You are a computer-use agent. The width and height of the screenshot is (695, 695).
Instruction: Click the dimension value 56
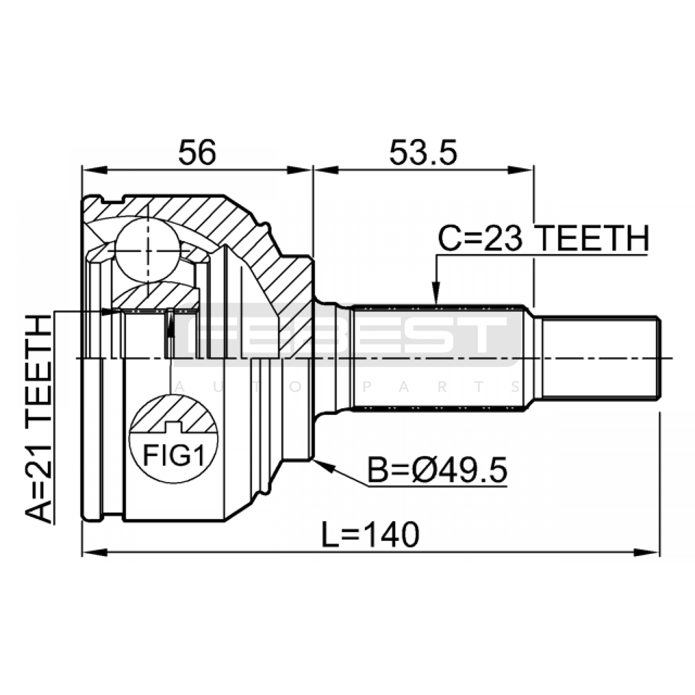[x=197, y=152]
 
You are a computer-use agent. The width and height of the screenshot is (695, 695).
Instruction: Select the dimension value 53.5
[x=423, y=152]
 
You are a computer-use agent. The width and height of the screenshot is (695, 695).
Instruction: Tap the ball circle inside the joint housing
[x=148, y=250]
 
